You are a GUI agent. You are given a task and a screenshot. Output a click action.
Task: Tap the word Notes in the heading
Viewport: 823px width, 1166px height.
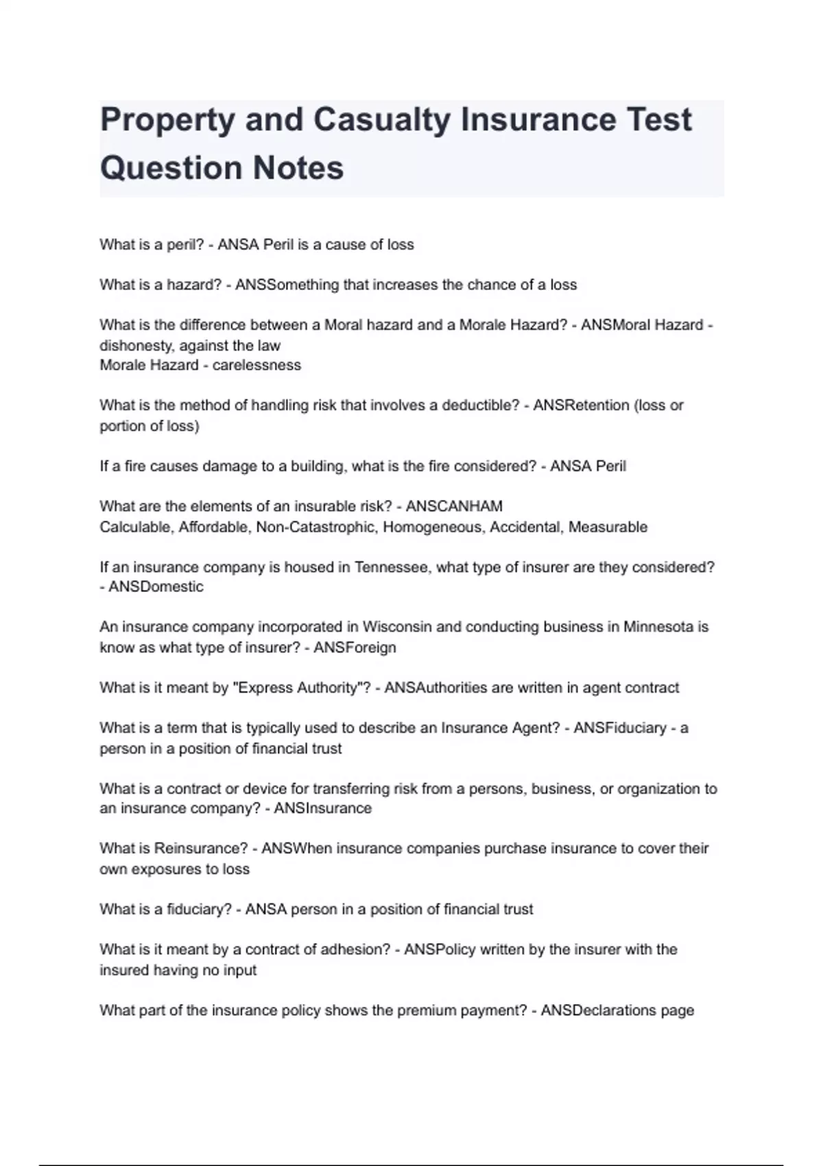pos(298,168)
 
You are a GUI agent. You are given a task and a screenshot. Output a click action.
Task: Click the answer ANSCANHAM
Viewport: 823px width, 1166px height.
pos(454,506)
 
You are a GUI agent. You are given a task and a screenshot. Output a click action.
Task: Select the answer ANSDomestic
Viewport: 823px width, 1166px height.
pos(156,587)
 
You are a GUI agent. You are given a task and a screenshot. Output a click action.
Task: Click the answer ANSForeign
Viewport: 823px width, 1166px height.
pos(355,647)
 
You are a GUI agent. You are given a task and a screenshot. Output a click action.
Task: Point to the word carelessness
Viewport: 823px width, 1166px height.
pos(257,365)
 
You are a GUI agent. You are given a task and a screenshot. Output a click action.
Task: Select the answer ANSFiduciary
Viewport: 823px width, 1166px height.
pos(620,728)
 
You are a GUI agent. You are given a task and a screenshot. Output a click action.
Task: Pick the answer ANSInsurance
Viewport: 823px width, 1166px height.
pos(322,809)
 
